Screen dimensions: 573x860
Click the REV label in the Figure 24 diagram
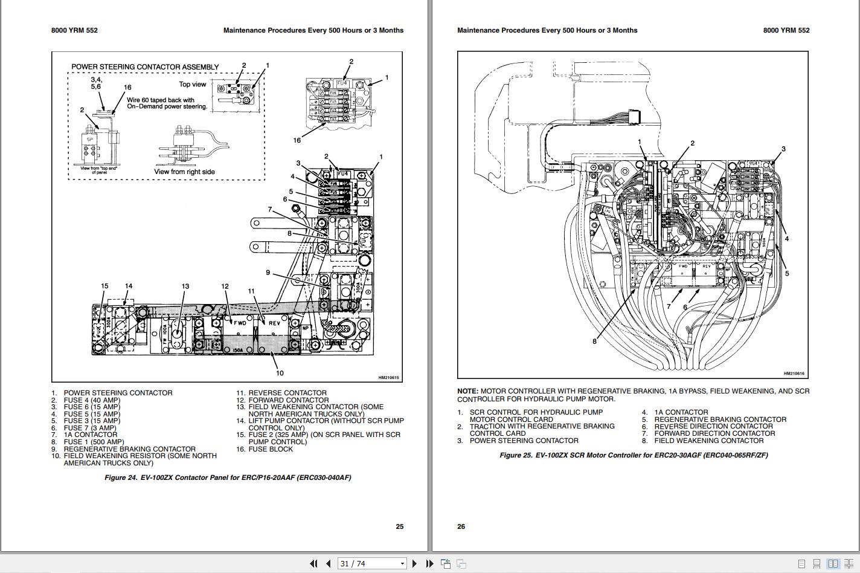click(274, 323)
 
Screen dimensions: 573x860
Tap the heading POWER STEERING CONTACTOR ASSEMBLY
click(145, 67)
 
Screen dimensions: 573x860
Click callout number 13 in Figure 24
click(185, 286)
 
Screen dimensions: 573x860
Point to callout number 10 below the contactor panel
click(279, 373)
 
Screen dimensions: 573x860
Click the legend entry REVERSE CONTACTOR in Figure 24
click(287, 393)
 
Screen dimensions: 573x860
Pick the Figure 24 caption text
click(228, 477)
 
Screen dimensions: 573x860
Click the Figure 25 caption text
click(634, 455)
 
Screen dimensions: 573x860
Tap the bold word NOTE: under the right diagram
click(467, 391)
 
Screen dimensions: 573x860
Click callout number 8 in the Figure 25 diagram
click(594, 342)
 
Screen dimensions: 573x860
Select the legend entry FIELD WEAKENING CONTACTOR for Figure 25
click(709, 441)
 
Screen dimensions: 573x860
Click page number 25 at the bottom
click(399, 526)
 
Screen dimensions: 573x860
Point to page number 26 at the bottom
click(461, 526)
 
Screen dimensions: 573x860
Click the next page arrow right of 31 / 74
click(414, 563)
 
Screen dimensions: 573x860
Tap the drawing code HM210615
click(388, 378)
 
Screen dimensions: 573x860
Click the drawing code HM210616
click(794, 374)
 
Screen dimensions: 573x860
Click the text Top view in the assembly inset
click(192, 85)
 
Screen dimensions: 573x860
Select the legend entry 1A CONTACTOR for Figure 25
click(681, 412)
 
